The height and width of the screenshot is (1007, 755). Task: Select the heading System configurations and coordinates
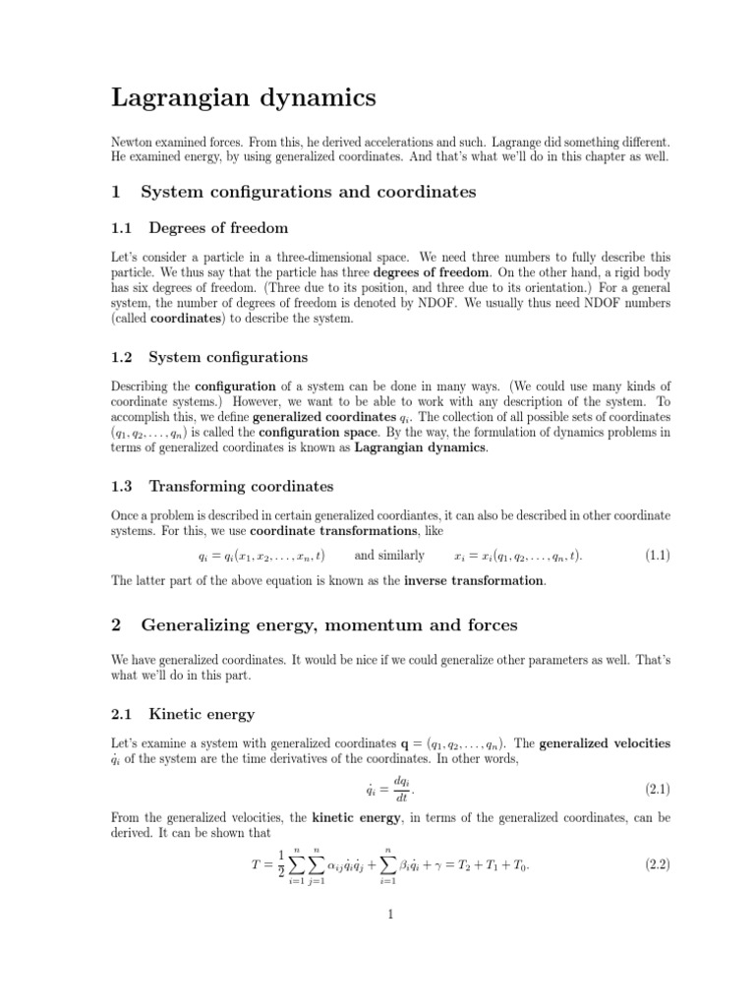[x=309, y=192]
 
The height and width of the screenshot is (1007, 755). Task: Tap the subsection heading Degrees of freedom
[x=218, y=228]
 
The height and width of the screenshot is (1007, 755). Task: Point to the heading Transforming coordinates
[x=241, y=486]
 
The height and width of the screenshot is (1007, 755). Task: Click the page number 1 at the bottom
[x=390, y=914]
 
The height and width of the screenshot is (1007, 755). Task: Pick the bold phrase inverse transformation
[x=474, y=580]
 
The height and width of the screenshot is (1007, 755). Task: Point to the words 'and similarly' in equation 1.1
[x=389, y=556]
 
